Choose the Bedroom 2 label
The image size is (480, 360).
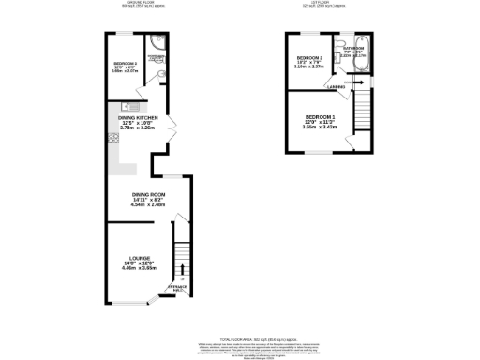pyautogui.click(x=309, y=59)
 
